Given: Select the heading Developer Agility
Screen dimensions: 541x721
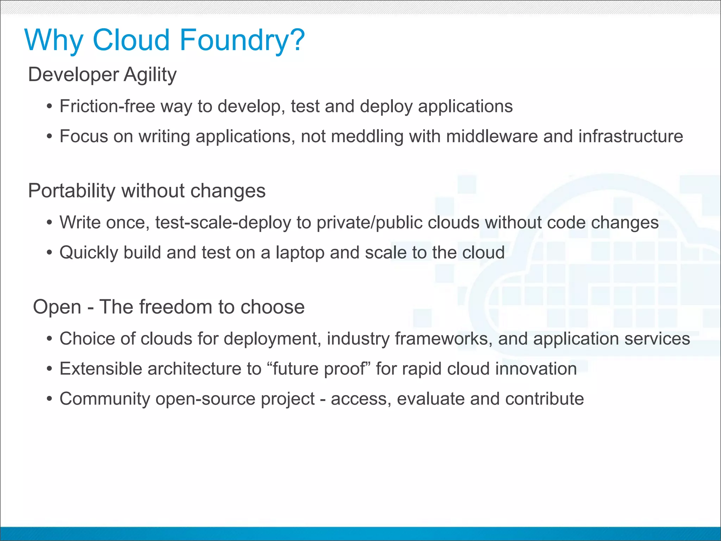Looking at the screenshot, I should (102, 75).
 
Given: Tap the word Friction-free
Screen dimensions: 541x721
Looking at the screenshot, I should (107, 106).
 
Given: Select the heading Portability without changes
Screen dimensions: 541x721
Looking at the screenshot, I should (146, 191).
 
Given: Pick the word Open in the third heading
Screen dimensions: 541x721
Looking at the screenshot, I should (57, 307).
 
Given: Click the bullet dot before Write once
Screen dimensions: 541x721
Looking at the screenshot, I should (50, 223).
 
